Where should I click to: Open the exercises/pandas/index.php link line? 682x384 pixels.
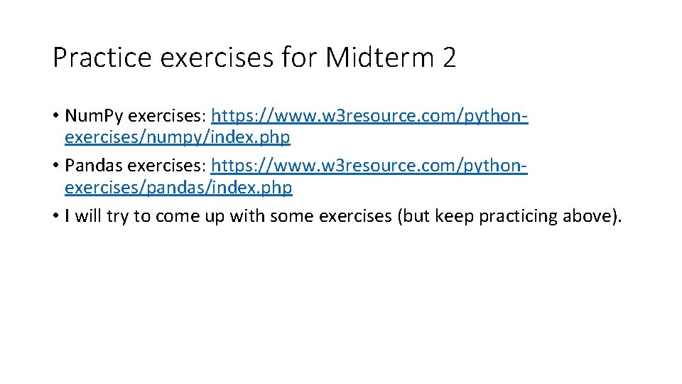coord(178,187)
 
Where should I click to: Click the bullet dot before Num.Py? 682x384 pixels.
coord(56,116)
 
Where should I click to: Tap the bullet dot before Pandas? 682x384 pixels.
coord(56,166)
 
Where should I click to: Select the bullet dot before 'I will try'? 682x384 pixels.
coord(56,217)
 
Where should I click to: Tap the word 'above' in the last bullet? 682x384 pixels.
coord(590,216)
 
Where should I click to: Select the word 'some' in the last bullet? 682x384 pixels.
coord(295,216)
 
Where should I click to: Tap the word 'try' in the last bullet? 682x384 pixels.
coord(118,216)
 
